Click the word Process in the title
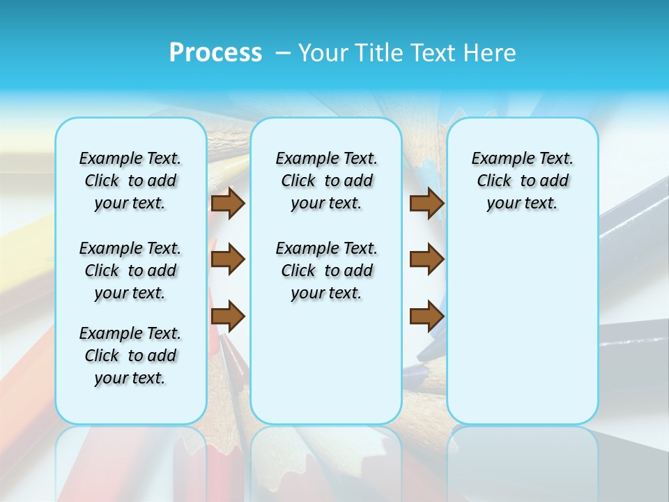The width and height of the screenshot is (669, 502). [215, 53]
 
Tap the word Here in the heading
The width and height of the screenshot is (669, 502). [491, 53]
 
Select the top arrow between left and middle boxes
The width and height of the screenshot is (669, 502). [228, 203]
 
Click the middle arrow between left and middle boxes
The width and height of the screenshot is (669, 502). [228, 259]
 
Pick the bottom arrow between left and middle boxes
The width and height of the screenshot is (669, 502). [228, 316]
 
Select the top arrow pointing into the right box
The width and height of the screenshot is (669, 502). [427, 203]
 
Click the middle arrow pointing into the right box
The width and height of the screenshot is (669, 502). [427, 259]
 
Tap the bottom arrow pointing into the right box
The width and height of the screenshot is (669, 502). [427, 316]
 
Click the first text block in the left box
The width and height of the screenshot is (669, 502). [130, 181]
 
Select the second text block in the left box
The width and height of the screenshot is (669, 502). [130, 271]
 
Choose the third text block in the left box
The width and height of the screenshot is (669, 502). [130, 356]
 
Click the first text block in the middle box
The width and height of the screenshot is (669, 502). [326, 181]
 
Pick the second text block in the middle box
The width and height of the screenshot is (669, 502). [326, 271]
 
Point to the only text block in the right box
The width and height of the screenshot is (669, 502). [522, 181]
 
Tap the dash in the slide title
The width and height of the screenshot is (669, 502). [282, 53]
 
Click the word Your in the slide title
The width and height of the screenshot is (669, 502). [323, 53]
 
